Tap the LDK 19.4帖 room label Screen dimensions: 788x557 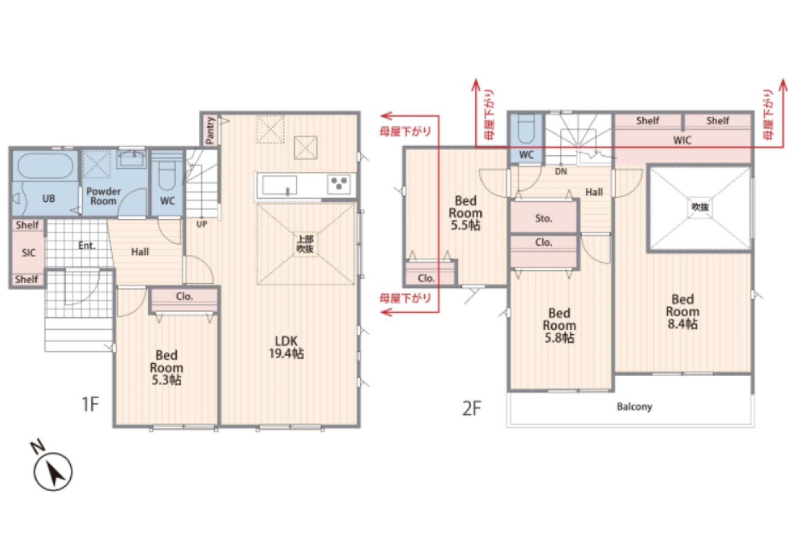pos(286,347)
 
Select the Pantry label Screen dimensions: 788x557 pos(210,130)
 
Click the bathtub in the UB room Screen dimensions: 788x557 pos(46,166)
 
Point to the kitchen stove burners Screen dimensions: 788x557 pos(339,183)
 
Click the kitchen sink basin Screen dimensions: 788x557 pos(279,185)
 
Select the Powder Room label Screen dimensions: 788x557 pos(103,196)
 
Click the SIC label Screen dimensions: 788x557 pos(28,252)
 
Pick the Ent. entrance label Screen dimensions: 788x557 pos(87,246)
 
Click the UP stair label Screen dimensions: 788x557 pos(201,224)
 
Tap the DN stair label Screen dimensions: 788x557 pos(561,171)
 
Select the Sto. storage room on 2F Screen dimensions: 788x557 pos(544,217)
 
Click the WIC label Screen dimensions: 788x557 pos(682,140)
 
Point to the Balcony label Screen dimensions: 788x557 pos(634,406)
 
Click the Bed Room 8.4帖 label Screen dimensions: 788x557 pos(683,311)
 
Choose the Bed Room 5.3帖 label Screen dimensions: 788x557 pos(166,367)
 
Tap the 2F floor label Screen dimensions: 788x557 pos(472,408)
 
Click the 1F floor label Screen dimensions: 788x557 pos(90,404)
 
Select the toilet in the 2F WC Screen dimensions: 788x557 pos(526,129)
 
